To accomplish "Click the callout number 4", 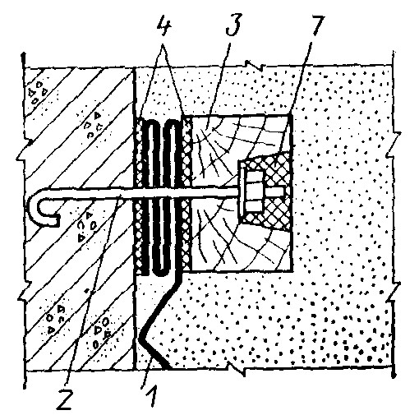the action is click(x=163, y=25).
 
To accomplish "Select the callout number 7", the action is click(x=317, y=25).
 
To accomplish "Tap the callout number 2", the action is click(x=65, y=399).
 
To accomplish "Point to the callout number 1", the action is click(x=151, y=396).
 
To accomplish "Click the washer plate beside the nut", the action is click(x=242, y=191).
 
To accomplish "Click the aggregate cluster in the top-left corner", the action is click(x=38, y=92).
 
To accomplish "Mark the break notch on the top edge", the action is click(x=255, y=65).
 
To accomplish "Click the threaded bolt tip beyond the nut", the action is click(x=274, y=191).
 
